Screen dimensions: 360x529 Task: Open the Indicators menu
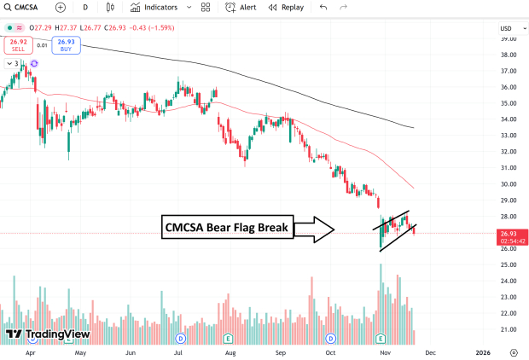(x=154, y=7)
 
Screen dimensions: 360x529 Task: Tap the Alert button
(x=241, y=7)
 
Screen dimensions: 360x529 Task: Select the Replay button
(x=286, y=7)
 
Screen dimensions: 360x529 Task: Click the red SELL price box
(x=18, y=44)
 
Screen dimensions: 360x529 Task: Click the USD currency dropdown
(x=507, y=28)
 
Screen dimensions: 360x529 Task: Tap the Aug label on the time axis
(x=230, y=351)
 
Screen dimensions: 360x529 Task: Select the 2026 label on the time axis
(x=483, y=351)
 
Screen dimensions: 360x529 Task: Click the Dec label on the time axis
(x=430, y=351)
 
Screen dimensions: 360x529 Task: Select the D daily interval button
(x=85, y=7)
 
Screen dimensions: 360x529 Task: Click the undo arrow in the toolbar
(x=323, y=7)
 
